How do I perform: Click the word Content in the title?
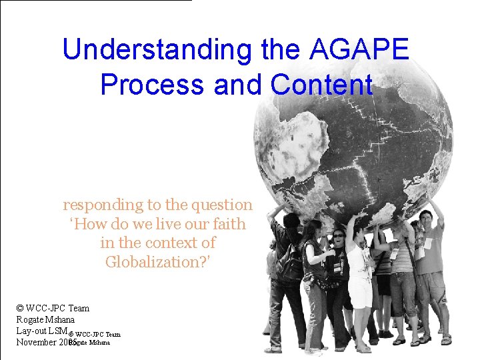[x=322, y=85]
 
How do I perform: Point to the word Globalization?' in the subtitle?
[x=158, y=262]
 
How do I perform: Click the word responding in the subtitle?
[x=102, y=205]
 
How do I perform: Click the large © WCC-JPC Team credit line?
[x=53, y=308]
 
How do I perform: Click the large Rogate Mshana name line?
[x=46, y=319]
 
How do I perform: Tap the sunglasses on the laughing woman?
[x=339, y=235]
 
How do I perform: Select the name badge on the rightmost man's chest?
[x=428, y=243]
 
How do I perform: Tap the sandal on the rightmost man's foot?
[x=445, y=339]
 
